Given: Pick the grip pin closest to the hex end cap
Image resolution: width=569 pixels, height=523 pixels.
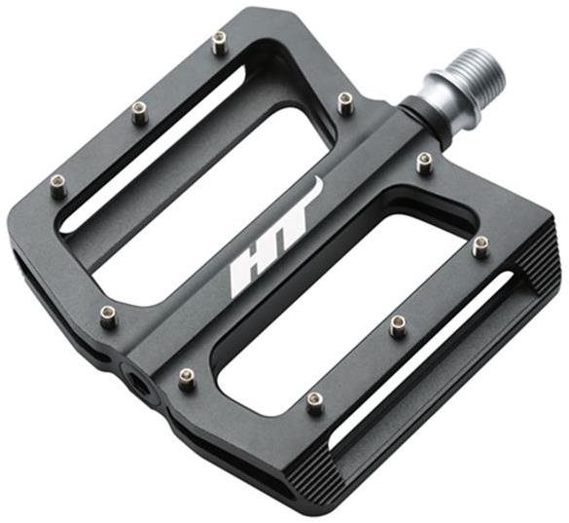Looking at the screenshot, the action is tap(188, 379).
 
